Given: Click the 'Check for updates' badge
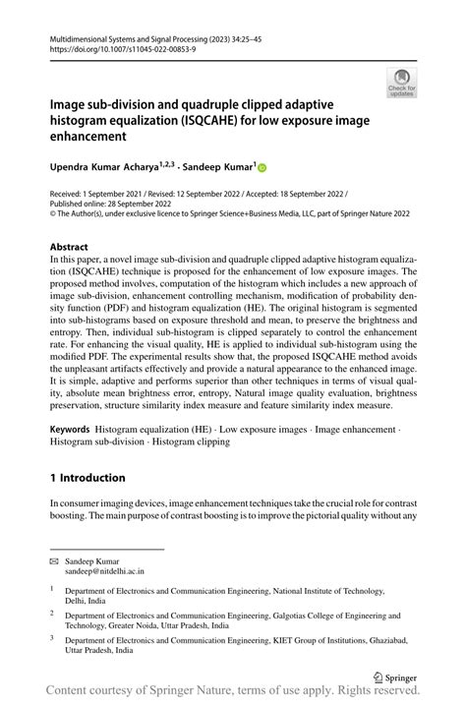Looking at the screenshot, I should click(401, 82).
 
